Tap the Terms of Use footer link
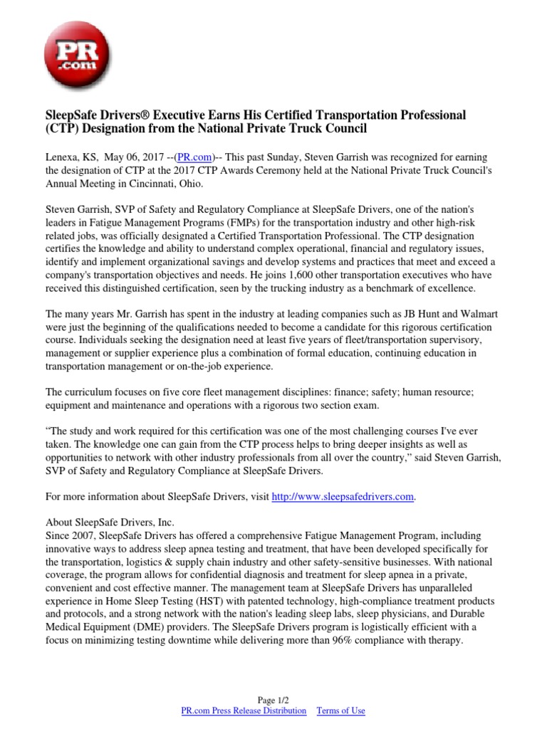340,710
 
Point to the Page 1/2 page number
273,700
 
